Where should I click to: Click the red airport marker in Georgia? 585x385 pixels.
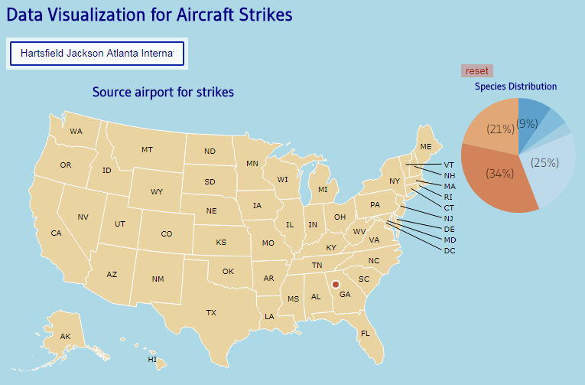pos(335,285)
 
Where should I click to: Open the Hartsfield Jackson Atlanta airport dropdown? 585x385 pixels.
pos(96,54)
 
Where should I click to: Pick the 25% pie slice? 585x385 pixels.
pos(544,162)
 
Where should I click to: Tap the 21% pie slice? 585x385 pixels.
pos(500,129)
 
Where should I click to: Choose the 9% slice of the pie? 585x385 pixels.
pos(528,122)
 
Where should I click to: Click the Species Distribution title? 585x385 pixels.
pos(515,86)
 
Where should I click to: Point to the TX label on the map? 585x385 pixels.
pos(211,312)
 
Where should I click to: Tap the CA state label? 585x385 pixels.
pos(56,233)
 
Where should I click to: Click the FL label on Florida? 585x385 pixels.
pos(366,333)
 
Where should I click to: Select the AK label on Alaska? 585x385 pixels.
pos(66,337)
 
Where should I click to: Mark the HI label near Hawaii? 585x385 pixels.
pos(152,359)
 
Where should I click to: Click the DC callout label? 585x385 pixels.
pos(450,250)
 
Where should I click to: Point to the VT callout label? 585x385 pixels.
pos(449,165)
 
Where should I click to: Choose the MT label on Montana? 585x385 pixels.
pos(147,149)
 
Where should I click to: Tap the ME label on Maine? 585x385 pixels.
pos(426,146)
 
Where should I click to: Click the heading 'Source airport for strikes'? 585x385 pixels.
pos(163,93)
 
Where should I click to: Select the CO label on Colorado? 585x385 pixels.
pos(167,234)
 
